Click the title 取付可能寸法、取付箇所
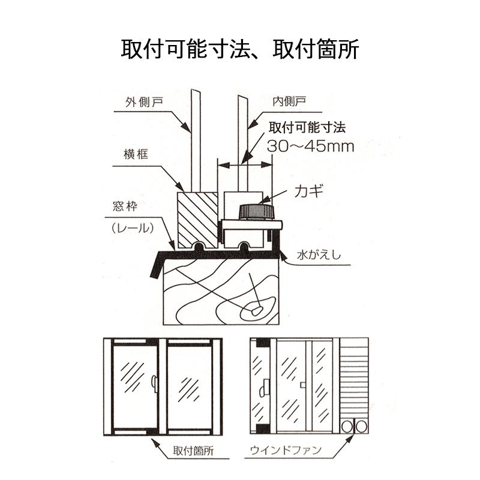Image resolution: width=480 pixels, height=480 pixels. (240, 49)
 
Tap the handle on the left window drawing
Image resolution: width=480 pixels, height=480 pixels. (155, 383)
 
